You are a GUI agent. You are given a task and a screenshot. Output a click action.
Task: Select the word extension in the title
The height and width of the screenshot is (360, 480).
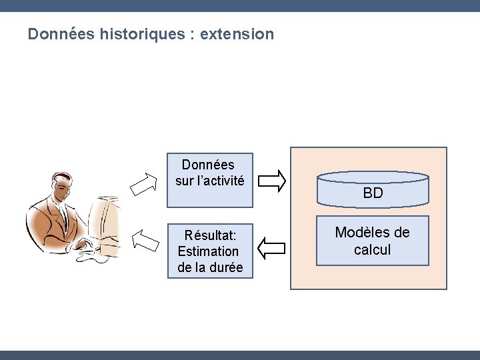(236, 34)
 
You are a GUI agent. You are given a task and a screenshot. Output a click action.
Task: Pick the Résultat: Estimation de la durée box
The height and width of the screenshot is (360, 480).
(210, 251)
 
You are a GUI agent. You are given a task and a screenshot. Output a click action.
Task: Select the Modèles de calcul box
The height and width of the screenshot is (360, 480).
(372, 241)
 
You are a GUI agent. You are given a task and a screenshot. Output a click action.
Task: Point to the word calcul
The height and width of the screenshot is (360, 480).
(372, 250)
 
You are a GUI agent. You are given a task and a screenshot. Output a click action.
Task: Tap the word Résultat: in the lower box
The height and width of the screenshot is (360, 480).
(209, 235)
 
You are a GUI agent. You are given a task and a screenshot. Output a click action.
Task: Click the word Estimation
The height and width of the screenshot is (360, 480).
(208, 251)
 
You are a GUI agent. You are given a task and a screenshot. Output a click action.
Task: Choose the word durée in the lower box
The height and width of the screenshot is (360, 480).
(225, 268)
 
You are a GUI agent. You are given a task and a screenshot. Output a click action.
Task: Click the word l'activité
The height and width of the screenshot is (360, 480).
(219, 181)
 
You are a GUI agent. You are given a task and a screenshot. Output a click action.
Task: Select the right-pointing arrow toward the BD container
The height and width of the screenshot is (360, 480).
(272, 179)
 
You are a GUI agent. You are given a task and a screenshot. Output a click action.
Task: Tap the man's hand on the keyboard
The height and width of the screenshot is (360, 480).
(84, 245)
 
